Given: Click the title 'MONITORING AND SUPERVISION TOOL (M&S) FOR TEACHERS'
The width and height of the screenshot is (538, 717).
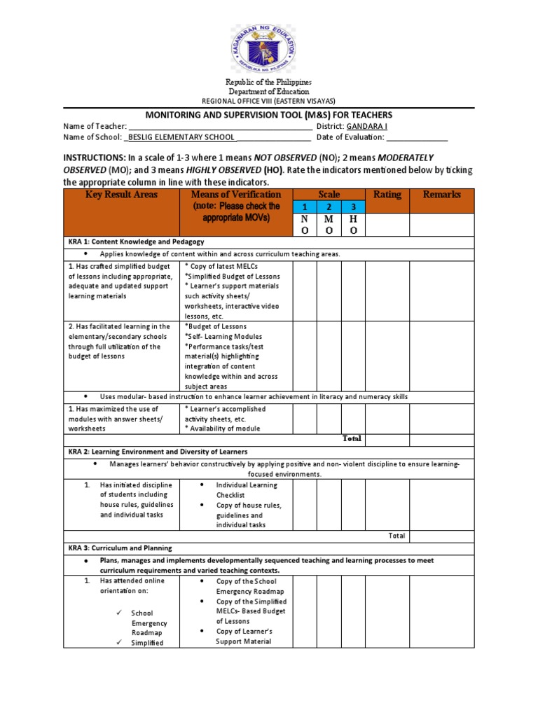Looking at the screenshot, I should coord(268,115).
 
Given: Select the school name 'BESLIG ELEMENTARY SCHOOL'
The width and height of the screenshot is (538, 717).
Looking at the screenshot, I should coord(181,138).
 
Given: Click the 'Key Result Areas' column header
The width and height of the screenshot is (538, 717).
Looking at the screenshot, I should coord(122,195).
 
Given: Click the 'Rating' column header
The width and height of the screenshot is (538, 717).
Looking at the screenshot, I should coord(387,195).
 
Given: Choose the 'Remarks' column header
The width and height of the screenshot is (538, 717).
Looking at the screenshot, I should coord(441,195).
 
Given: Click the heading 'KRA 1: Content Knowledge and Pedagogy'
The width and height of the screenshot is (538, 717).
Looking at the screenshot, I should coord(136,242).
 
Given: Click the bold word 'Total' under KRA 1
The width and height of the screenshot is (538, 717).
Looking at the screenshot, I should coord(352,438).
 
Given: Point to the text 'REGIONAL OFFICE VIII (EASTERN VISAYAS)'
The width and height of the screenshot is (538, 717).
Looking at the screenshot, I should coord(269,101).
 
